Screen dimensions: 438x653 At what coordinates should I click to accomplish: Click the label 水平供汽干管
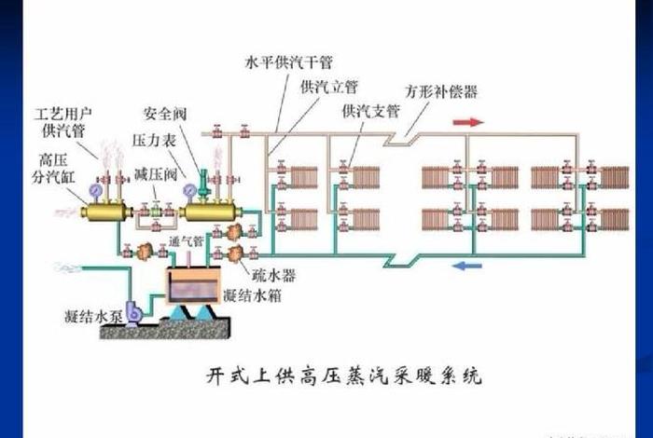[289, 63]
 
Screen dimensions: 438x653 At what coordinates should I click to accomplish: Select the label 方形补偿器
[441, 92]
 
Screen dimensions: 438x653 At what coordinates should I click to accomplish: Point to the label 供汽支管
[369, 111]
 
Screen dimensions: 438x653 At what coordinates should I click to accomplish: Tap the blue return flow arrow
[465, 266]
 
